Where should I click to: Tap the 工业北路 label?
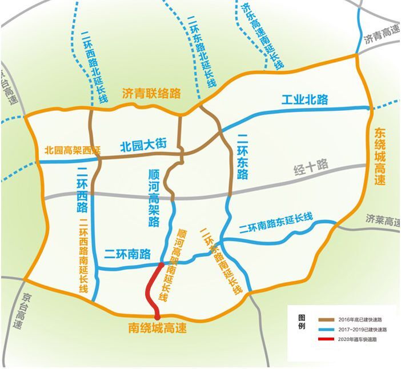[305, 99]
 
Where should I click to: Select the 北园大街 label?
[143, 145]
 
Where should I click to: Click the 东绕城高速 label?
[380, 156]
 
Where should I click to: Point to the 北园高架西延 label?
[73, 151]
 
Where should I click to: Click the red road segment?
[150, 290]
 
